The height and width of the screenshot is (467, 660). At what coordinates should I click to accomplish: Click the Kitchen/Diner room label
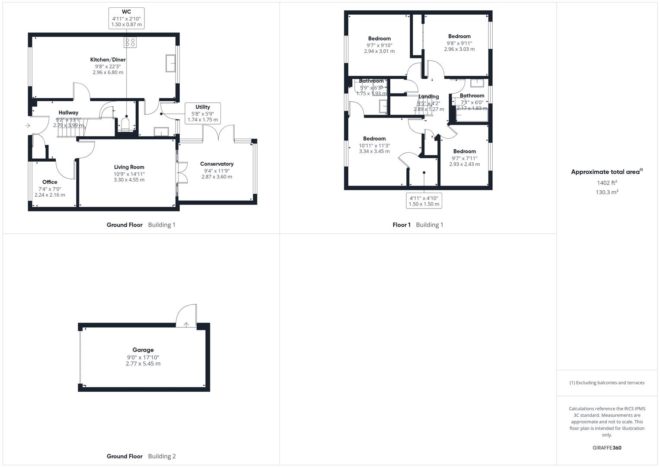pos(108,60)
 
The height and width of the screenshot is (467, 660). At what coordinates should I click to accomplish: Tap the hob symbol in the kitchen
pos(130,42)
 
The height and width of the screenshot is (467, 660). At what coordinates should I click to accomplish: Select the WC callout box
pos(126,18)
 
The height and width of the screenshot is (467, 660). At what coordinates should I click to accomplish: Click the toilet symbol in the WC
pos(126,125)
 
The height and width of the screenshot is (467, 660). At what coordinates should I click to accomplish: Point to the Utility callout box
pos(203,113)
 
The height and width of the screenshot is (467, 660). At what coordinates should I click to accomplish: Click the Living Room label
pos(129,167)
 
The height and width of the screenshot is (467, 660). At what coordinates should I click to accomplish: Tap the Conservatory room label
pos(217,164)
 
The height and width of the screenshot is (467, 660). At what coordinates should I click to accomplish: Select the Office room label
pos(50,182)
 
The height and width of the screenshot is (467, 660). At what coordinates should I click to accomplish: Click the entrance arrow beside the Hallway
pos(27,126)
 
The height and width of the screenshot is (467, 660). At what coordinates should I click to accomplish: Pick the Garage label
pos(143,350)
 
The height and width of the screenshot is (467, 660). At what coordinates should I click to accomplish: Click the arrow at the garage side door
pos(186,324)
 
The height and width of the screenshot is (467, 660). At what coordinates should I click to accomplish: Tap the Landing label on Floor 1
pos(428,97)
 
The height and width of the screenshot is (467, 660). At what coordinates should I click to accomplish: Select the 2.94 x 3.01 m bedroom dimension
pos(379,51)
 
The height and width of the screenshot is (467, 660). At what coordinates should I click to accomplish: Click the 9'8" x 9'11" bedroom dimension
pos(459,43)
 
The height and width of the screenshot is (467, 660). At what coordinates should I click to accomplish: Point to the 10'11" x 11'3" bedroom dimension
pos(374,145)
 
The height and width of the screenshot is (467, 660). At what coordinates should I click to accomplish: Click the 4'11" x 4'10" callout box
pos(424,201)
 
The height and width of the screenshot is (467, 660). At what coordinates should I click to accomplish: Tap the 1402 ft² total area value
pos(607,183)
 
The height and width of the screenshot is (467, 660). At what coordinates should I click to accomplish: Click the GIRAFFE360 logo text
pos(607,448)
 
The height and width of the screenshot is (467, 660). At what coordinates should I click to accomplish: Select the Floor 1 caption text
pos(402,225)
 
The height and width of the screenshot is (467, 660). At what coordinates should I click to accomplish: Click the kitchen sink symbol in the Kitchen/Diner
pos(170,63)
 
